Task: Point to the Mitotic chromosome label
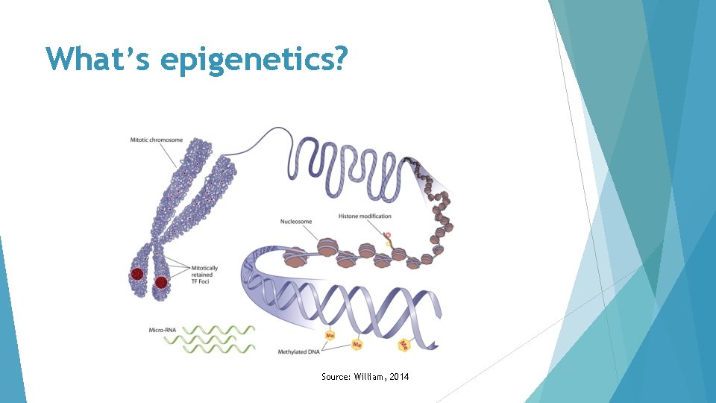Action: point(156,140)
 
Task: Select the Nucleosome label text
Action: point(296,221)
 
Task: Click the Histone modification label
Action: point(365,216)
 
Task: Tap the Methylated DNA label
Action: point(298,351)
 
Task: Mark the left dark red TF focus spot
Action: point(137,275)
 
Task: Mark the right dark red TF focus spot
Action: point(160,282)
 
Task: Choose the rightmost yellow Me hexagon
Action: point(403,345)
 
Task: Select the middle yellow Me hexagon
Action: point(357,345)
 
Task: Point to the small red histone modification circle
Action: point(387,235)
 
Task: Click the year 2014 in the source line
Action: point(398,377)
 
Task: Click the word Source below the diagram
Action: point(333,377)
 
